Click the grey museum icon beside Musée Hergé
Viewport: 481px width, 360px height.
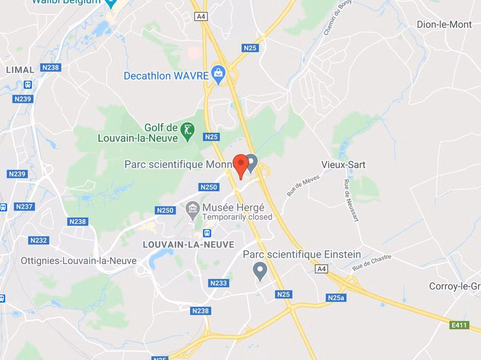[x=192, y=210]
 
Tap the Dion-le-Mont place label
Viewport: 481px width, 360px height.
[x=444, y=24]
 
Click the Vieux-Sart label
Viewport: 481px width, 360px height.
[x=343, y=165]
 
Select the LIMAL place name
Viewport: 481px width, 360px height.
[x=20, y=70]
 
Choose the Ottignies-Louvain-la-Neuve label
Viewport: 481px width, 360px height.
[x=78, y=261]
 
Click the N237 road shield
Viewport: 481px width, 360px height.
[x=24, y=207]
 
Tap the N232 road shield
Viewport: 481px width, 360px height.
[x=39, y=240]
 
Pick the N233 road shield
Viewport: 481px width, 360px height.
[x=218, y=283]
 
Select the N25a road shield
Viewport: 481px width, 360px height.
[x=336, y=298]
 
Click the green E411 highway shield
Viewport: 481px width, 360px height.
[x=459, y=325]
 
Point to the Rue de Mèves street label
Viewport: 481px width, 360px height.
[x=303, y=186]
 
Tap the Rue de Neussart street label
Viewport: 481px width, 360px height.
[x=351, y=201]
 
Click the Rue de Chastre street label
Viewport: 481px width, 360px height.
[x=372, y=263]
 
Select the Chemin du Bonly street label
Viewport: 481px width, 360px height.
[x=338, y=17]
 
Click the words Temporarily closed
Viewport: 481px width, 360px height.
[x=237, y=217]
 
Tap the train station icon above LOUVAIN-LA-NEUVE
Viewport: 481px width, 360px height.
[x=207, y=233]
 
